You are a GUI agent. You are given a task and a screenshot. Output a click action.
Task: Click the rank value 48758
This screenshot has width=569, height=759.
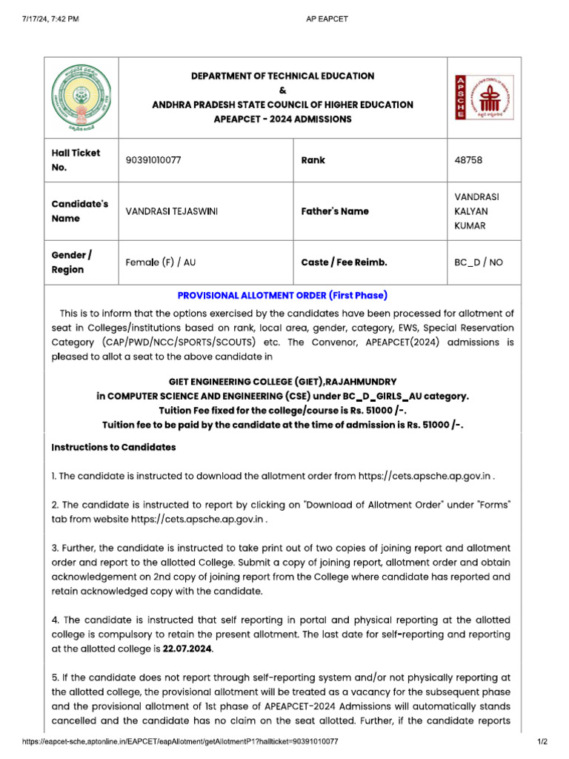point(470,160)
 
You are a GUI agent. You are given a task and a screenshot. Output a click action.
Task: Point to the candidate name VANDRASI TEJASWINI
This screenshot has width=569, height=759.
point(172,211)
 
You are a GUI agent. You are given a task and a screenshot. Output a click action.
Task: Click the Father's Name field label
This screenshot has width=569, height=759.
point(335,211)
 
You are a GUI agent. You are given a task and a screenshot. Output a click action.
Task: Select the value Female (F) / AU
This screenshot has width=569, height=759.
point(161,262)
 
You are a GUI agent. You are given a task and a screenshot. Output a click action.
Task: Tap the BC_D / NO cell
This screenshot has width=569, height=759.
point(479,262)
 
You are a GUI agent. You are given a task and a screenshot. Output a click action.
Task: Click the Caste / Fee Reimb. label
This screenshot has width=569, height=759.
point(345,262)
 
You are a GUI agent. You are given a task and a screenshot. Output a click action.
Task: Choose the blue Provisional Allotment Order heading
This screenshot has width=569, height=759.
point(282,295)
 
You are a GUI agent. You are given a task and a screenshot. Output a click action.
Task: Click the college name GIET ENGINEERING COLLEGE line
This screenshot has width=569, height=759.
point(282,381)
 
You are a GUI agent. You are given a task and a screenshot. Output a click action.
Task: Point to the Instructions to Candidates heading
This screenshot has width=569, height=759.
point(113,448)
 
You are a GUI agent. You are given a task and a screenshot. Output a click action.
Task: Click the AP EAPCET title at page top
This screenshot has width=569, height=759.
point(327,19)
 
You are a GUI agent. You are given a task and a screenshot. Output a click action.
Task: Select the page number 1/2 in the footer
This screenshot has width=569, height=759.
point(541,741)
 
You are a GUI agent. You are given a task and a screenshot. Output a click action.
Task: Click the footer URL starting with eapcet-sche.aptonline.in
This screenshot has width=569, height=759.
point(181,741)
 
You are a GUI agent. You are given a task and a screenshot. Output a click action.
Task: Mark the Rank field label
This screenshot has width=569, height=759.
point(313,160)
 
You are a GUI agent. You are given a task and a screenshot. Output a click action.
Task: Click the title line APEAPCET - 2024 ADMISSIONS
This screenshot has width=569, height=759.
point(282,119)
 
